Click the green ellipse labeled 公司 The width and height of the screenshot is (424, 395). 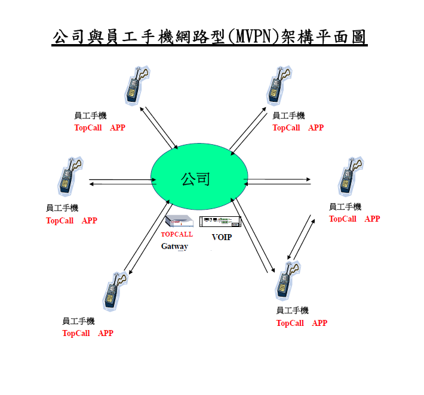[199, 176]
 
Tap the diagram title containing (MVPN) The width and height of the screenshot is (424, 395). [209, 37]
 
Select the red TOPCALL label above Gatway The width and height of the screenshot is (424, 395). [177, 234]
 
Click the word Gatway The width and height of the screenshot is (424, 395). [174, 246]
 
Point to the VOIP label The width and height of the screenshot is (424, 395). [222, 237]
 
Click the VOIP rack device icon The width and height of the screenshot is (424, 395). [220, 222]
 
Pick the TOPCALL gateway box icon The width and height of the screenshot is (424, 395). [179, 221]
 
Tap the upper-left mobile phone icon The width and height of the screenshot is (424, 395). [137, 85]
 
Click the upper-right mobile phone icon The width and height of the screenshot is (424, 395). [279, 85]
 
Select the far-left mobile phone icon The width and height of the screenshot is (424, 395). [70, 176]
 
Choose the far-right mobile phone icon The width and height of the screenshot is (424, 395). [351, 176]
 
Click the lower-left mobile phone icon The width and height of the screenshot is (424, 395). [115, 291]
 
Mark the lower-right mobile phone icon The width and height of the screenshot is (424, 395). [288, 281]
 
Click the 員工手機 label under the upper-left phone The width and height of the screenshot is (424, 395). [90, 116]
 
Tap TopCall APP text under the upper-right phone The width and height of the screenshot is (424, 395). [298, 127]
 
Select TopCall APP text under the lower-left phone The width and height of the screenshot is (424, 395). [88, 333]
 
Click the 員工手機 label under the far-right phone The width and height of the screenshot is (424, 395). [345, 207]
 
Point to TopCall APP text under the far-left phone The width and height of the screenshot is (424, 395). [72, 220]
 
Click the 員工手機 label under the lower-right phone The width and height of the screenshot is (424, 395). [292, 310]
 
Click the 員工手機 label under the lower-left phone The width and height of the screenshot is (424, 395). [78, 321]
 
